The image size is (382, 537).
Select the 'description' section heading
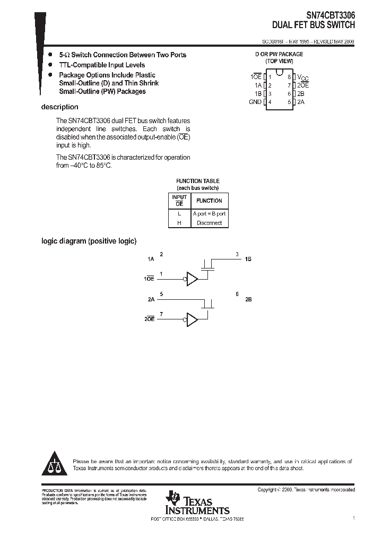pos(59,107)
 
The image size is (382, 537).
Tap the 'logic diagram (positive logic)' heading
pos(89,241)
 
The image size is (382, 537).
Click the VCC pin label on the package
pos(302,77)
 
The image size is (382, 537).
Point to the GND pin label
pos(255,102)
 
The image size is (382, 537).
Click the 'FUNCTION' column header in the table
pos(209,201)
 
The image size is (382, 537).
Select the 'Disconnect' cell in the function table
pos(209,223)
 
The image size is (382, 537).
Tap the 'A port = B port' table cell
pos(209,213)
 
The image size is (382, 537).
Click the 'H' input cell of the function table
pos(179,223)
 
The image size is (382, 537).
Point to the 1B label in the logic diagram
pos(248,259)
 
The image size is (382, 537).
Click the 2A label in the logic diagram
pos(151,300)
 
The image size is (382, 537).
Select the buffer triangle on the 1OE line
pos(192,279)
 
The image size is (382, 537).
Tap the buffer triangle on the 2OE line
pos(192,319)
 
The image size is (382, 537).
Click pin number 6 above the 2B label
pos(237,293)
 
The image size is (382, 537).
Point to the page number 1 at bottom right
pos(353,518)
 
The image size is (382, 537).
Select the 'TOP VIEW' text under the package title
pos(279,61)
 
